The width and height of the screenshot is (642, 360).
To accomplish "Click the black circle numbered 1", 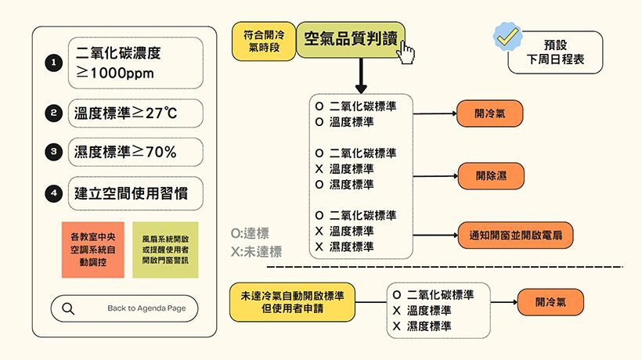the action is (54, 63).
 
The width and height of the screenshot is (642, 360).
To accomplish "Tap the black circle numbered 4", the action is (54, 193).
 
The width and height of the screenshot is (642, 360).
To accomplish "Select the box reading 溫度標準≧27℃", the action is (135, 113).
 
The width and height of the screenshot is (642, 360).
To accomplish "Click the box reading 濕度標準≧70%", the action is (135, 152).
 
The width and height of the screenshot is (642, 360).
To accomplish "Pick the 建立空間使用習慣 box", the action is (135, 193).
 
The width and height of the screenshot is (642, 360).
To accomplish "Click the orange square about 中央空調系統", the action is (93, 250).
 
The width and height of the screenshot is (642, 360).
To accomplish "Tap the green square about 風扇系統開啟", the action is (165, 250).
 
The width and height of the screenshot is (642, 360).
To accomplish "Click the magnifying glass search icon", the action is (68, 308).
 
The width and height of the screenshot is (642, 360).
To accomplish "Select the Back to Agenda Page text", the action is (146, 308).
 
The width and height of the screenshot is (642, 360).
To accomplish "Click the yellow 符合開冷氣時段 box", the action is (264, 41).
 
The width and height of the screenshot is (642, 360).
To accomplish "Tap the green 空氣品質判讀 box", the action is (351, 39).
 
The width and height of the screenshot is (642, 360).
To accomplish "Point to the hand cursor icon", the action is (406, 52).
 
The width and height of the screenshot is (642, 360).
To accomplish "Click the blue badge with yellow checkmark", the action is (507, 37).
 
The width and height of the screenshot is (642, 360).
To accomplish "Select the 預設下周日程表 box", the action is (555, 52).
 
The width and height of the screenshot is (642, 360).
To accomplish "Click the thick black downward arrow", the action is (361, 76).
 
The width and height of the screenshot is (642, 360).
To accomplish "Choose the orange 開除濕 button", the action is (491, 176).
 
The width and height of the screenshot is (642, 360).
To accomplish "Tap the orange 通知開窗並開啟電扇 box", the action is (515, 236).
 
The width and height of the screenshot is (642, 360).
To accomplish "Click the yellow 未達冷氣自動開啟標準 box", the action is (292, 302).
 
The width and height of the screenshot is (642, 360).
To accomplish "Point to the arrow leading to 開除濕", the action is (435, 176).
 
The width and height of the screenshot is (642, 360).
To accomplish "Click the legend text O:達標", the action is (250, 233).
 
